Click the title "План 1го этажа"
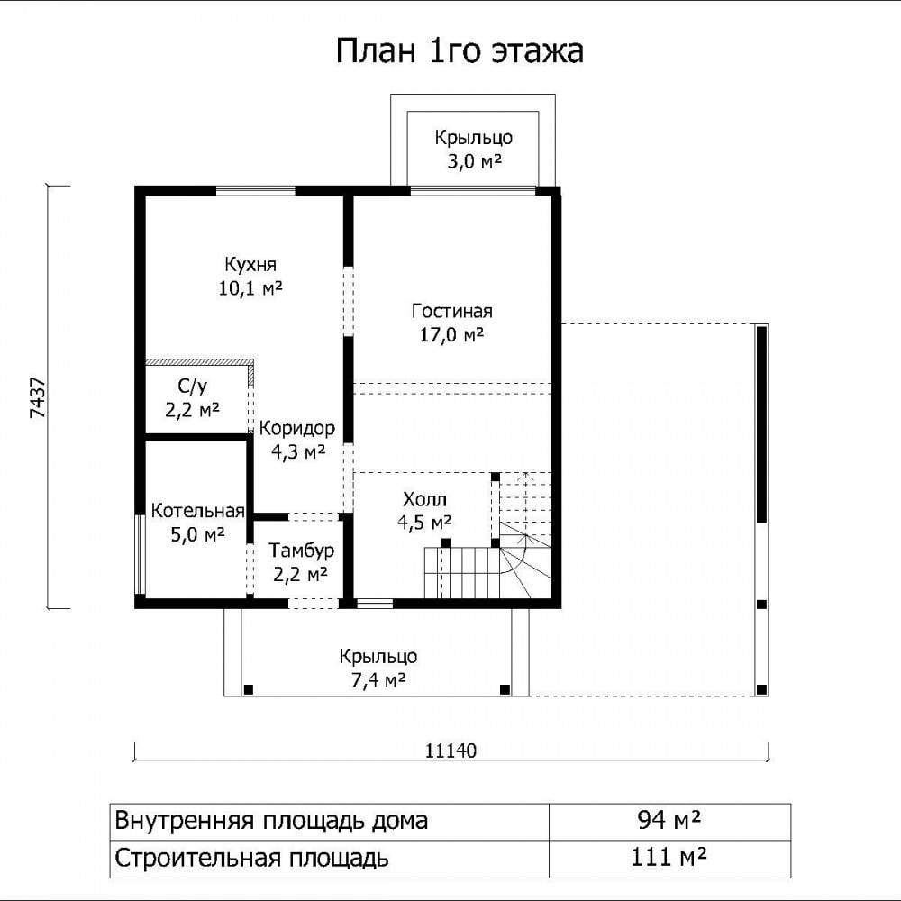[460, 50]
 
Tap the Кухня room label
[250, 276]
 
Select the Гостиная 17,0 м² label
[452, 323]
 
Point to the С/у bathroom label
[193, 398]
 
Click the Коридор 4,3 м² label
[297, 440]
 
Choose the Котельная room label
[197, 523]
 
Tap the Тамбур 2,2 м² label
[301, 562]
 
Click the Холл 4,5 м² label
[424, 510]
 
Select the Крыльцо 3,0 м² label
[474, 150]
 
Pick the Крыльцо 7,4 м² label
[378, 669]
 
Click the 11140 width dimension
[451, 751]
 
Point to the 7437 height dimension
[37, 397]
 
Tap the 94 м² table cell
[669, 820]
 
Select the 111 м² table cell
[669, 859]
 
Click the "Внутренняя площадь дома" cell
[329, 820]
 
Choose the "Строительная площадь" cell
[329, 859]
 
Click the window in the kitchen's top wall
[255, 191]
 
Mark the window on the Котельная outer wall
[140, 554]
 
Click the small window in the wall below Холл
[375, 604]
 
